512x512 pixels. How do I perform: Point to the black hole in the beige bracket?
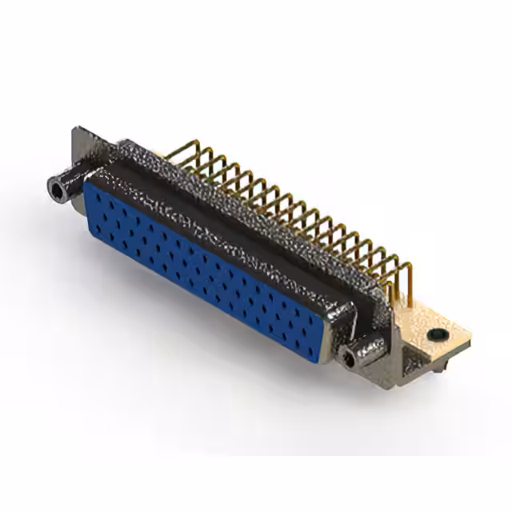(437, 334)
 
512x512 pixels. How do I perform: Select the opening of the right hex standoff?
(350, 359)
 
